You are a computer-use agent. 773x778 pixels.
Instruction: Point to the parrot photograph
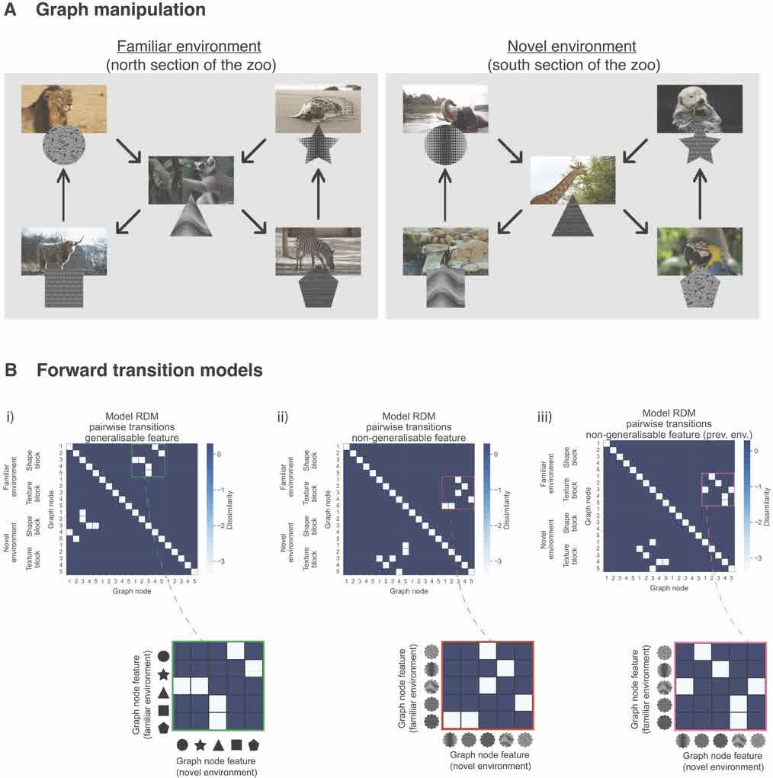699,251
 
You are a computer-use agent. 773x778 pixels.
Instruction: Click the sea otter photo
699,108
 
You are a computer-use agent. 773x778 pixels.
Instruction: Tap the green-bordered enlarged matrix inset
218,687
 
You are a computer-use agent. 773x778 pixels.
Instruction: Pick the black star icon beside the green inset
162,674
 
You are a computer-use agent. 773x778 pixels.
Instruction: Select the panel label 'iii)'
548,417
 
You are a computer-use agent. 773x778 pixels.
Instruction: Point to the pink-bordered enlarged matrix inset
719,687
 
